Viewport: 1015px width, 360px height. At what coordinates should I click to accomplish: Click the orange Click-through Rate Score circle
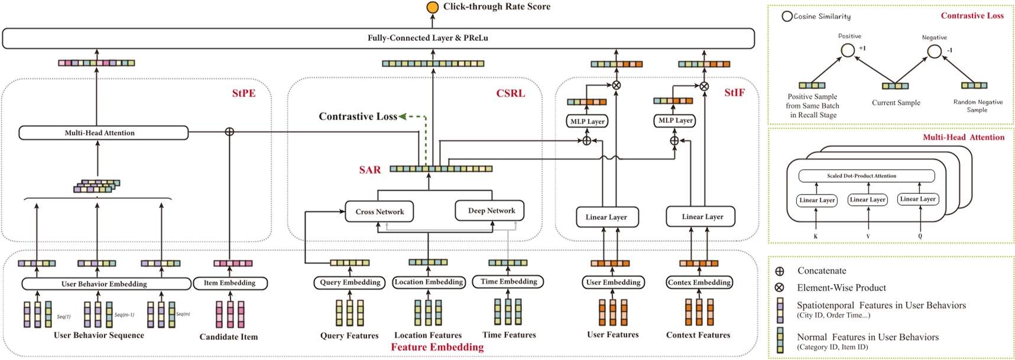click(x=433, y=7)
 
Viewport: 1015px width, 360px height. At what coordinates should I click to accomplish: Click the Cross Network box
click(x=380, y=212)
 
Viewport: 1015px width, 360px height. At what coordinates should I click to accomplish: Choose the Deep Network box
click(x=491, y=210)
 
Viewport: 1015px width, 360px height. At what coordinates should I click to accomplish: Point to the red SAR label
click(x=370, y=170)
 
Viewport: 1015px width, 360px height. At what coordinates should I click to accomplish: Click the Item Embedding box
click(x=230, y=283)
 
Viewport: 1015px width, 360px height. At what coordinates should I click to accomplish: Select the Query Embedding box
click(x=350, y=283)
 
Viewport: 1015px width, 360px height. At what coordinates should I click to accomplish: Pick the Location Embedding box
click(x=429, y=282)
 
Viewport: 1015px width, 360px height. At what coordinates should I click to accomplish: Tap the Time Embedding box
click(x=508, y=282)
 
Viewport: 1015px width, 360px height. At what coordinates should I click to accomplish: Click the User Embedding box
click(x=613, y=283)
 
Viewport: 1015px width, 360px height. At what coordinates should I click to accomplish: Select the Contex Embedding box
click(x=699, y=283)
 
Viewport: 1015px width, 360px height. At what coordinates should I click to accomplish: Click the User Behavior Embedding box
click(x=104, y=284)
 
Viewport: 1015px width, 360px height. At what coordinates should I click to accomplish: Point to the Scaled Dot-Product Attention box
click(x=866, y=176)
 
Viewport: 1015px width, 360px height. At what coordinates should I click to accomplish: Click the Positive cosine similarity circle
click(x=848, y=51)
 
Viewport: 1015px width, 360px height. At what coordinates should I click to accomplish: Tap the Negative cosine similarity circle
click(x=934, y=52)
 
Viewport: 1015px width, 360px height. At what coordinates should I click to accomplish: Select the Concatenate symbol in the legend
click(x=780, y=271)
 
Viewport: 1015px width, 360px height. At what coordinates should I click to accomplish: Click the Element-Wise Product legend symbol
click(x=780, y=288)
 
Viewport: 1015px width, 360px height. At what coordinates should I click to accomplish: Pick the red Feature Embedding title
click(x=437, y=348)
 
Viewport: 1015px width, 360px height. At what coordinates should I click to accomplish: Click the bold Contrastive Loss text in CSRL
click(x=358, y=116)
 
